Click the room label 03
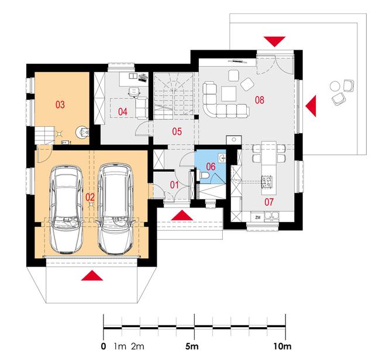tap(60, 105)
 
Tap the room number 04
tap(123, 112)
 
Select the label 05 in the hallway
tap(177, 131)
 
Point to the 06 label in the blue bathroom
tap(211, 167)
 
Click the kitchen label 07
tap(269, 202)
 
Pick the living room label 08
tap(260, 100)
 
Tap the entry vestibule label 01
tap(174, 185)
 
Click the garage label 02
tap(90, 197)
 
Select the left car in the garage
tap(66, 209)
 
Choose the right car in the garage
tap(116, 209)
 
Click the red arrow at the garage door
tap(92, 275)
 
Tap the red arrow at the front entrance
tap(182, 215)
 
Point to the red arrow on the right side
tap(311, 106)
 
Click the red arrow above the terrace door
tap(274, 41)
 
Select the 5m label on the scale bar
tap(192, 347)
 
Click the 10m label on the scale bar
tap(282, 347)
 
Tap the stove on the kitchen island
tap(267, 182)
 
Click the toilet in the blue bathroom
tap(204, 175)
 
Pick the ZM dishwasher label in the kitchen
tap(258, 217)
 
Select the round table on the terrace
tap(335, 86)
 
